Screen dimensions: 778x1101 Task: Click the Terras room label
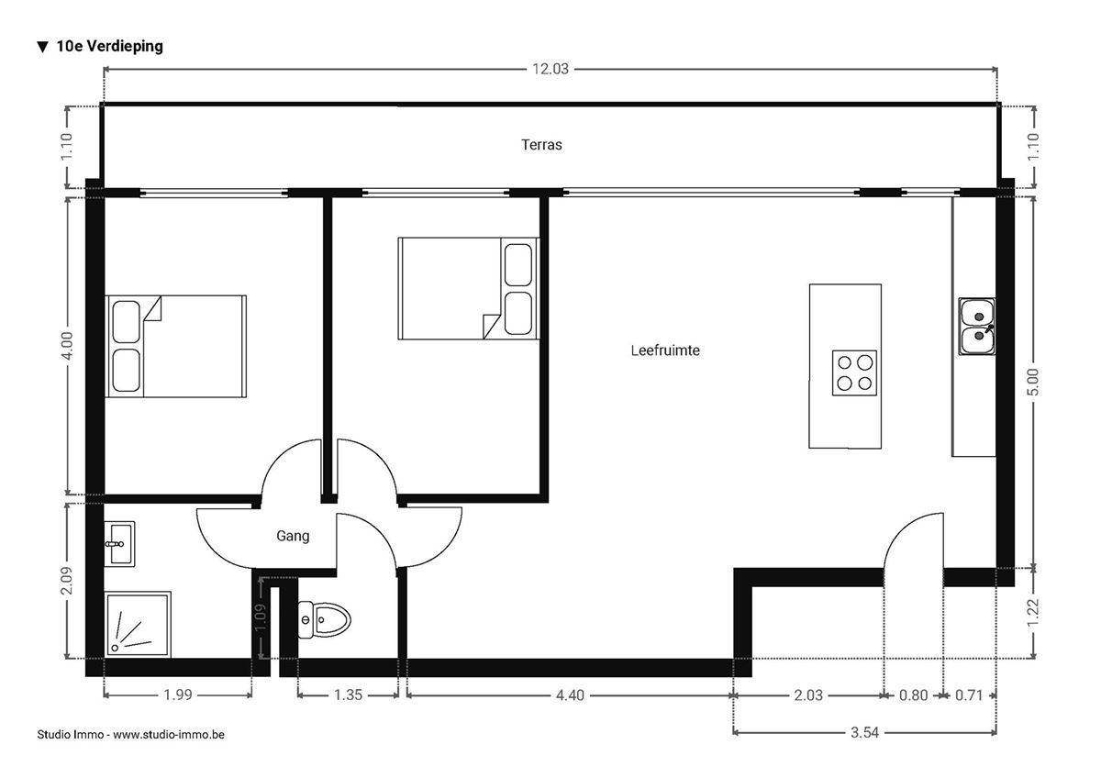(x=541, y=144)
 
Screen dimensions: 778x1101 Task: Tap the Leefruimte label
(x=665, y=350)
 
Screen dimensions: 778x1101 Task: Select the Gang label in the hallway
(x=293, y=537)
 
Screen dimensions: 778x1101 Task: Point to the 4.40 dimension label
(x=569, y=695)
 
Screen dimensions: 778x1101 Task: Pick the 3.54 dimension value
(x=864, y=732)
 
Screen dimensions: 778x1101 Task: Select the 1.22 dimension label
(x=1034, y=612)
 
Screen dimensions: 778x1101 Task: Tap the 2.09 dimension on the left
(x=68, y=580)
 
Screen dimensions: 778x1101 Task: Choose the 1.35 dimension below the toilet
(x=348, y=695)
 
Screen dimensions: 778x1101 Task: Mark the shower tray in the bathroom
(x=138, y=624)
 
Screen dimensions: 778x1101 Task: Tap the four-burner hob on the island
(x=853, y=372)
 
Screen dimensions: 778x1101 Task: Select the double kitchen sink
(x=977, y=327)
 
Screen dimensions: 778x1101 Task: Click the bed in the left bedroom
(x=176, y=346)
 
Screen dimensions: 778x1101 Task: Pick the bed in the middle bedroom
(x=468, y=289)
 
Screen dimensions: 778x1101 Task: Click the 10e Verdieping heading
(x=100, y=46)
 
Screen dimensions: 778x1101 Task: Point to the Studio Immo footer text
(x=131, y=735)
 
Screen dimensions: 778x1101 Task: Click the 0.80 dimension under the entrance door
(x=913, y=695)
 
